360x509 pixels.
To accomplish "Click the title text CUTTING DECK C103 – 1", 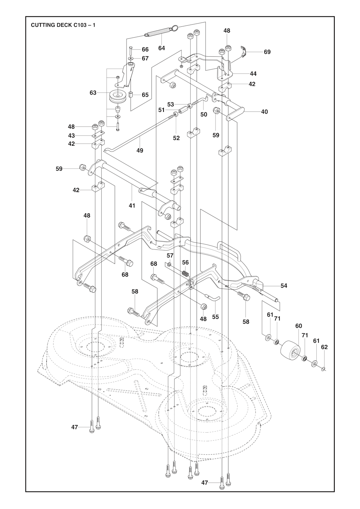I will click(x=63, y=25).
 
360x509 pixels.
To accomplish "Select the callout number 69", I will click(x=267, y=52).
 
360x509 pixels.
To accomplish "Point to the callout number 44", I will click(x=253, y=74).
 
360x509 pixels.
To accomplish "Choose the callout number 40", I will click(x=264, y=112).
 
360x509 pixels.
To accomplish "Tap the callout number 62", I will click(x=324, y=347).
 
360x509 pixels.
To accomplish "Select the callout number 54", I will click(x=284, y=286).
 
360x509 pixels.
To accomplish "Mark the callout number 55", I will click(x=216, y=317).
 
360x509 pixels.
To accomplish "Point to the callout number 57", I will click(x=170, y=256).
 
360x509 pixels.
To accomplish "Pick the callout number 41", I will click(x=132, y=205).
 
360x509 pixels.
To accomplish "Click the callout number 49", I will click(x=140, y=151).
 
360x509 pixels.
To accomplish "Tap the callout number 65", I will click(x=145, y=95).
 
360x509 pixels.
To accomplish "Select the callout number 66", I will click(x=145, y=50).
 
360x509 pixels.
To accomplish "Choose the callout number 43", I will click(x=71, y=135).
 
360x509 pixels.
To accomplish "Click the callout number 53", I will click(x=171, y=104).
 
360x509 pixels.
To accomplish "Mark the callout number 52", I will click(x=176, y=138).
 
